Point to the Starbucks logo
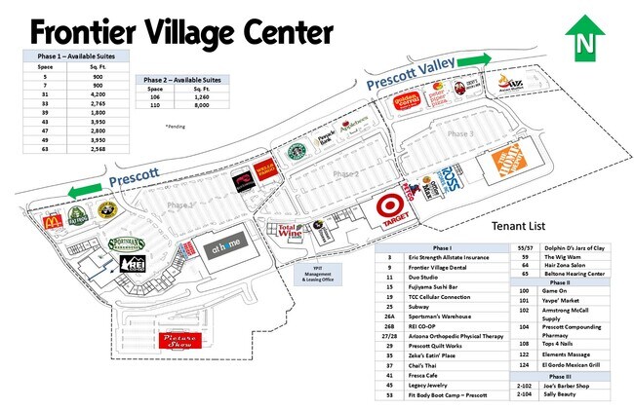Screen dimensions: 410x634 click(296, 154)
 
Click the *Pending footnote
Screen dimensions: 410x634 click(175, 126)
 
